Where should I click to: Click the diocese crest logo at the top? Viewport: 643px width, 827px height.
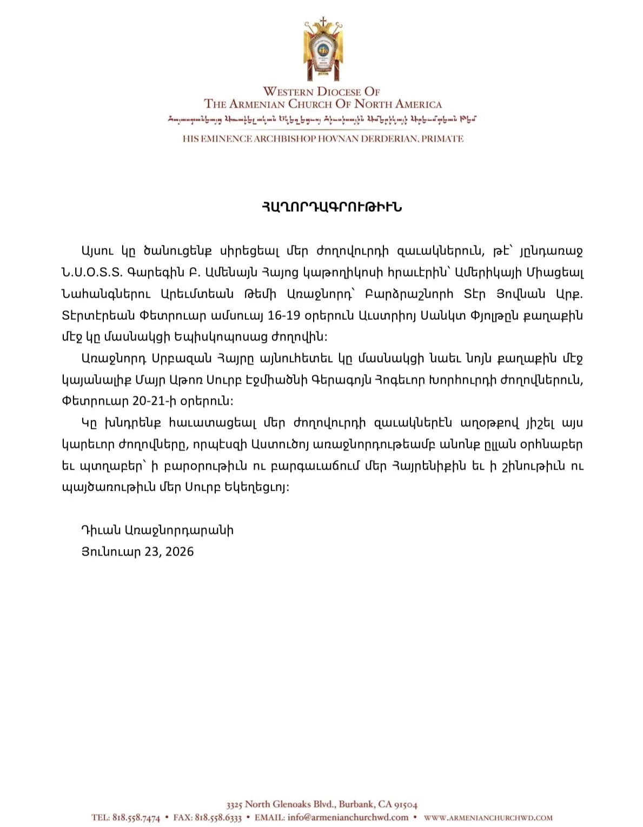click(x=323, y=50)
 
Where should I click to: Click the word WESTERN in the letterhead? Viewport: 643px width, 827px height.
click(x=288, y=92)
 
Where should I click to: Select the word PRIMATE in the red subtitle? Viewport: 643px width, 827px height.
click(x=442, y=139)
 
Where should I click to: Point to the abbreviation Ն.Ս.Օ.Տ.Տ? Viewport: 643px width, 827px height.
click(x=92, y=272)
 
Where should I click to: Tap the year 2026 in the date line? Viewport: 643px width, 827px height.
click(x=180, y=551)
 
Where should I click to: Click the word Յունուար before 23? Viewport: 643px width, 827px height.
click(x=111, y=551)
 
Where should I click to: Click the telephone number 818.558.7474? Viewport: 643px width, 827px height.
click(x=136, y=817)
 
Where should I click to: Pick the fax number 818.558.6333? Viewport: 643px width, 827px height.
click(x=218, y=817)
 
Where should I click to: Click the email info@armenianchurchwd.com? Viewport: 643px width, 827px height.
click(x=348, y=817)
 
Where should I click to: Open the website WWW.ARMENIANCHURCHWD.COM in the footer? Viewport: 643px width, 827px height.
click(x=488, y=818)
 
